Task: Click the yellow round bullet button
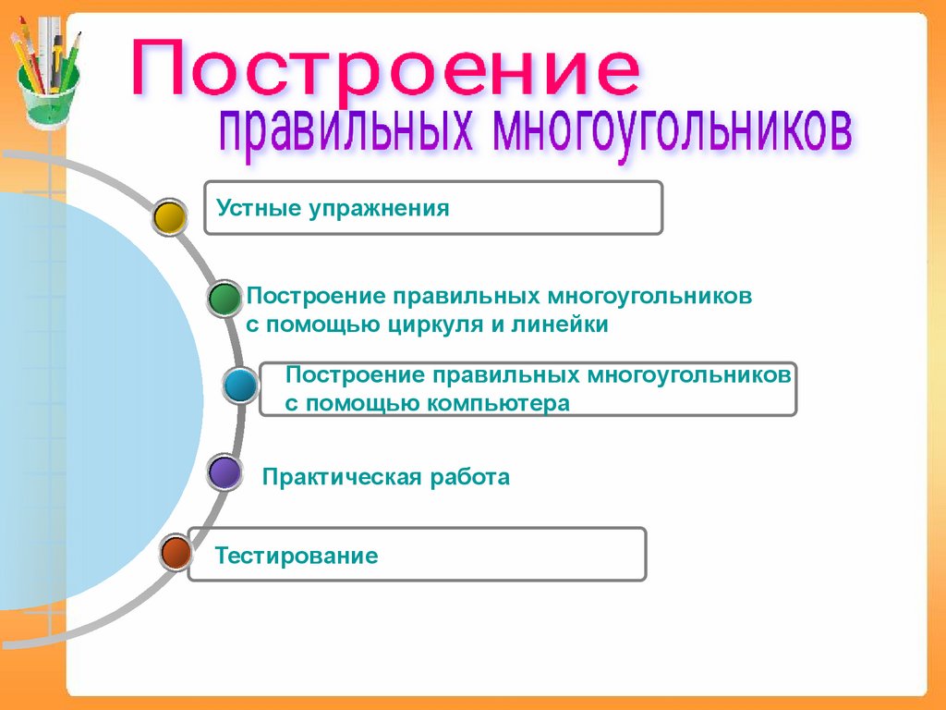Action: point(169,217)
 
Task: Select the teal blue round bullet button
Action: point(241,385)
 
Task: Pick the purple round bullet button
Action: point(224,472)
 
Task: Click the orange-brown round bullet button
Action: point(175,553)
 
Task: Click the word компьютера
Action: point(498,403)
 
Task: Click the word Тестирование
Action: point(297,557)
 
